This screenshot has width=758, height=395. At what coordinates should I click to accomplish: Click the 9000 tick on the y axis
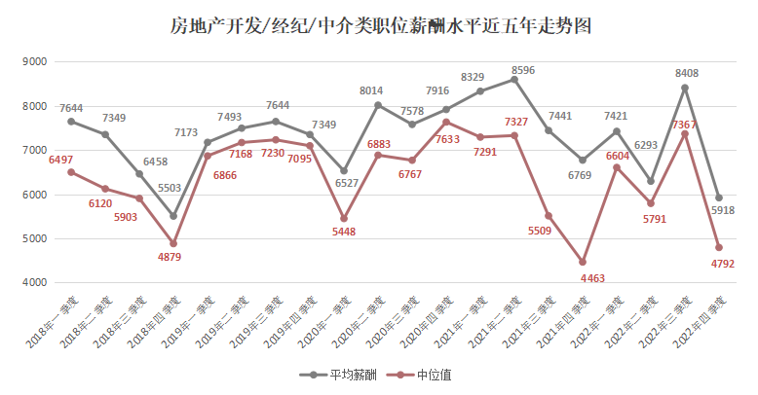(35, 61)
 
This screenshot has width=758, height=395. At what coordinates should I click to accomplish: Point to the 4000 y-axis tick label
(35, 282)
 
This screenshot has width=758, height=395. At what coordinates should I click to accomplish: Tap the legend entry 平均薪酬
(338, 375)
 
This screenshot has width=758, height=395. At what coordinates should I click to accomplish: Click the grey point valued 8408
(685, 88)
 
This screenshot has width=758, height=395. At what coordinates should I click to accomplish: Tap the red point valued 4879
(173, 243)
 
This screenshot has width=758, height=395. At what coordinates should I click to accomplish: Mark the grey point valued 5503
(173, 216)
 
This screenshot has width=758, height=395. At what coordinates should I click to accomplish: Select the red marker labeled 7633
(446, 122)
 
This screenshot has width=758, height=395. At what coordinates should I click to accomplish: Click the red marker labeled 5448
(344, 219)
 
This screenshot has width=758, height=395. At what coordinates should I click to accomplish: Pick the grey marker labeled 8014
(378, 105)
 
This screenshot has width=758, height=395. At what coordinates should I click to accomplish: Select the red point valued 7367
(685, 133)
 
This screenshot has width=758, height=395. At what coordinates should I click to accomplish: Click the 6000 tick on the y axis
(35, 195)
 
